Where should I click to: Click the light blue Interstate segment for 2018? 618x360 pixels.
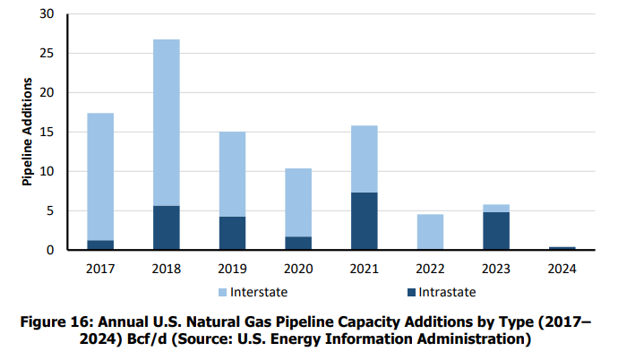click(x=166, y=123)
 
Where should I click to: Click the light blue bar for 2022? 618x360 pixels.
click(x=430, y=232)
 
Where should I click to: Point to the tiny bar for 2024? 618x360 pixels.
click(x=562, y=248)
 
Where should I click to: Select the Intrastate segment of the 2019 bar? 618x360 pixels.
click(x=232, y=233)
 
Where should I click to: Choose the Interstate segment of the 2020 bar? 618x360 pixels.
click(x=298, y=202)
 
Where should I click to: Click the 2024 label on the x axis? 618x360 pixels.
click(x=562, y=268)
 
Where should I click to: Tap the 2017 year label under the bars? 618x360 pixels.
click(x=99, y=268)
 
